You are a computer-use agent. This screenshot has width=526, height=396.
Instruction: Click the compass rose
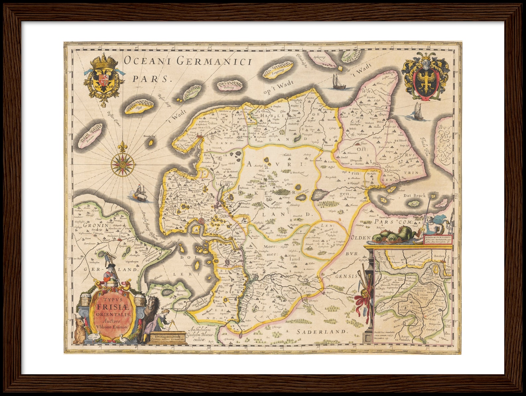click(123, 163)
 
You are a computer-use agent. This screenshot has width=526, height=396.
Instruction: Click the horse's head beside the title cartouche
click(152, 303)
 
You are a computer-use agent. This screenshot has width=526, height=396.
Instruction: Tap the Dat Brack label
click(414, 195)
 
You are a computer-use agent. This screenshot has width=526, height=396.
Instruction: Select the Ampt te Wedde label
click(405, 338)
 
